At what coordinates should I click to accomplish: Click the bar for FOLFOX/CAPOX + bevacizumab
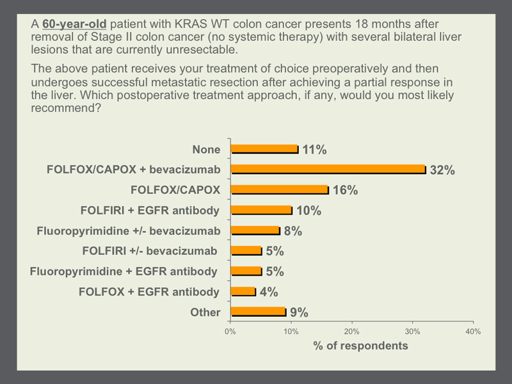(x=328, y=169)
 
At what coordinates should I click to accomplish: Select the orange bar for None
(x=264, y=149)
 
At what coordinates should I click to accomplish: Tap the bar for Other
(x=259, y=312)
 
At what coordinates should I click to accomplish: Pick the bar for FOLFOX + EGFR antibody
(x=243, y=291)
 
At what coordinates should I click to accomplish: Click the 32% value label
(x=442, y=170)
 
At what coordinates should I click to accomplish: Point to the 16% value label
(x=345, y=190)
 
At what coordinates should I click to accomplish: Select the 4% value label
(x=269, y=292)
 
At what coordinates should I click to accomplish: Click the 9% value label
(x=299, y=312)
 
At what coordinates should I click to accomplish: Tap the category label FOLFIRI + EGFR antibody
(x=150, y=211)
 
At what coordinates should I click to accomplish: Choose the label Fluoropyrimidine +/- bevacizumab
(x=129, y=231)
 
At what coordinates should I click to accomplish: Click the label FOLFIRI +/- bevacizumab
(x=150, y=251)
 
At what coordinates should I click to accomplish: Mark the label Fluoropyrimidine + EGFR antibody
(x=124, y=271)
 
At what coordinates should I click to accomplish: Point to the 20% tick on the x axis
(x=351, y=332)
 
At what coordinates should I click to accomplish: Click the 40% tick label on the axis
(x=473, y=332)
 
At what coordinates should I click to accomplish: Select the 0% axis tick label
(x=230, y=332)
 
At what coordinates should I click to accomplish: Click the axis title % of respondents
(x=360, y=346)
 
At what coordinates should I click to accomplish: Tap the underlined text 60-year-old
(x=74, y=24)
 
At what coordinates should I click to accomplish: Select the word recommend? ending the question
(x=66, y=108)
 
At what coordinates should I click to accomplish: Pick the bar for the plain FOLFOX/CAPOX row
(x=280, y=189)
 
